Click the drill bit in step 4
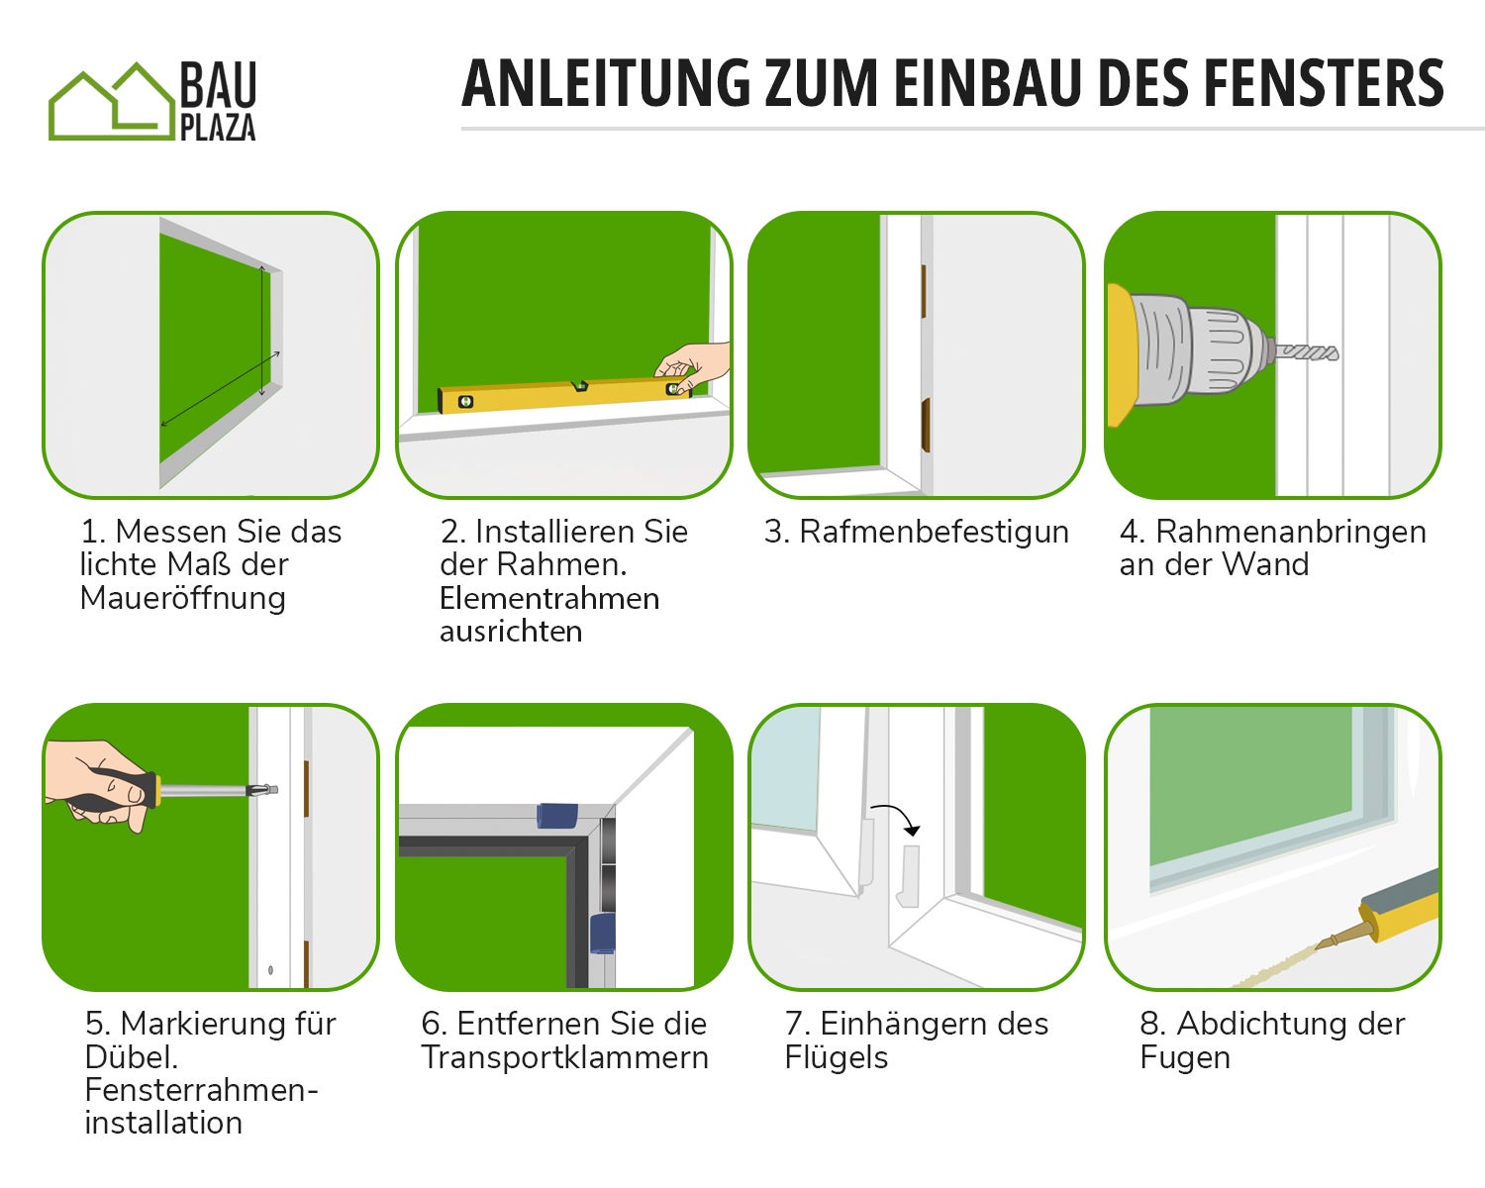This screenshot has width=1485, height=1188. click(1307, 352)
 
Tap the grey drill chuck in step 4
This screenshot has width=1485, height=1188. click(1198, 349)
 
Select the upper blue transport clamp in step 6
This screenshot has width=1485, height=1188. click(556, 816)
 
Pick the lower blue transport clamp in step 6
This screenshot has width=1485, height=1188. click(602, 934)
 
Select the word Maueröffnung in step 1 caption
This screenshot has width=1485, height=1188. click(183, 598)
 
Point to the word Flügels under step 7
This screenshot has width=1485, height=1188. click(837, 1057)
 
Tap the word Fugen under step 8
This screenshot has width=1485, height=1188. click(1185, 1057)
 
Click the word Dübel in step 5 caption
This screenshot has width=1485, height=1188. click(131, 1057)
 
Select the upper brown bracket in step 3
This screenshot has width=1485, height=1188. click(924, 291)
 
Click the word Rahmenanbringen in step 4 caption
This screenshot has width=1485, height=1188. click(1291, 532)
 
